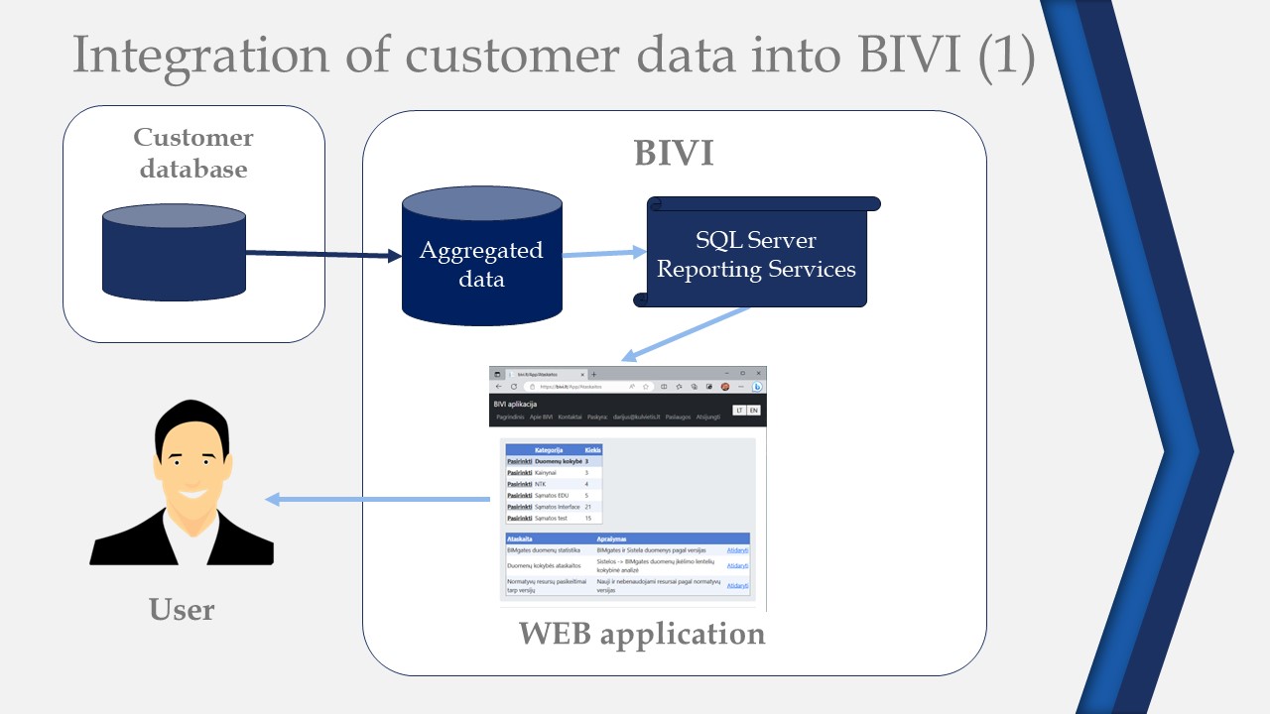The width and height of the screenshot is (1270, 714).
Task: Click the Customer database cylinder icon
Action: coord(174,252)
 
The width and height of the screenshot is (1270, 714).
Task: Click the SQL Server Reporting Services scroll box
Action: coord(756,254)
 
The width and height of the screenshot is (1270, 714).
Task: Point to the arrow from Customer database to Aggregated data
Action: coord(322,255)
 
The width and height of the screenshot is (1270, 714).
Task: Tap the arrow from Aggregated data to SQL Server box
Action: coord(603,253)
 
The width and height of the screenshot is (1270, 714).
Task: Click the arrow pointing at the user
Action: coord(377,500)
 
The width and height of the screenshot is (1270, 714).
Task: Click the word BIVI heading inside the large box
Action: coord(674,154)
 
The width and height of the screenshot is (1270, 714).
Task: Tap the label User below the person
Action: coord(182,609)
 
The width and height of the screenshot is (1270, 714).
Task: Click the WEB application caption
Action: coord(642,633)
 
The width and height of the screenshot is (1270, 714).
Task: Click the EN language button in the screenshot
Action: coord(753,411)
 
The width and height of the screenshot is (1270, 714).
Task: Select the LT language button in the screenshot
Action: coord(739,411)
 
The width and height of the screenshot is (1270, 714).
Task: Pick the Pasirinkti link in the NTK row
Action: coord(519,484)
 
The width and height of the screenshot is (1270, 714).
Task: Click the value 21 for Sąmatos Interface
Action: coord(588,507)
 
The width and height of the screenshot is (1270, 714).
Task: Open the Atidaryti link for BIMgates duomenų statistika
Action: coord(737,549)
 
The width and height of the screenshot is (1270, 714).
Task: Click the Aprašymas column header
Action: coord(613,538)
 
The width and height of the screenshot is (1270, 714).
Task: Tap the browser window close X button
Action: coord(759,373)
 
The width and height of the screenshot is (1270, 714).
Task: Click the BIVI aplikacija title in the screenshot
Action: coord(515,404)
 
